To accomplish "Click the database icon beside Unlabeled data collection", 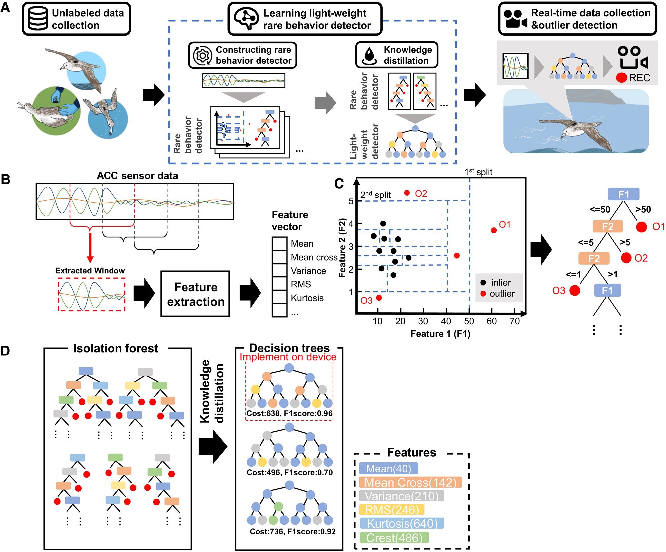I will click(37, 19).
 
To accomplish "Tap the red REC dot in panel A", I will click(621, 78).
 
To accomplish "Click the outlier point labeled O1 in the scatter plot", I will click(494, 230).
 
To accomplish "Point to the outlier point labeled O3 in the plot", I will click(379, 298).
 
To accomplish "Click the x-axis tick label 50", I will click(469, 321).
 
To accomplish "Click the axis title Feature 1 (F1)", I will click(440, 334).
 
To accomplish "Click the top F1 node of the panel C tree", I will click(623, 194).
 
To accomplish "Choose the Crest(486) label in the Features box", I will click(394, 538).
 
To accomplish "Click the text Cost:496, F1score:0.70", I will click(289, 472).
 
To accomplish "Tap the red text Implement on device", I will click(288, 357).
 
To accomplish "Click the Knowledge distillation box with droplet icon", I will click(397, 55).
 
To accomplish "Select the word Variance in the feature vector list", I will click(308, 271).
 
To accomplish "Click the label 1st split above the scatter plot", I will click(478, 172).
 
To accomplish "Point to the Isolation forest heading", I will click(115, 348).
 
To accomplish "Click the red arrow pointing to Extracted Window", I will click(90, 247).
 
